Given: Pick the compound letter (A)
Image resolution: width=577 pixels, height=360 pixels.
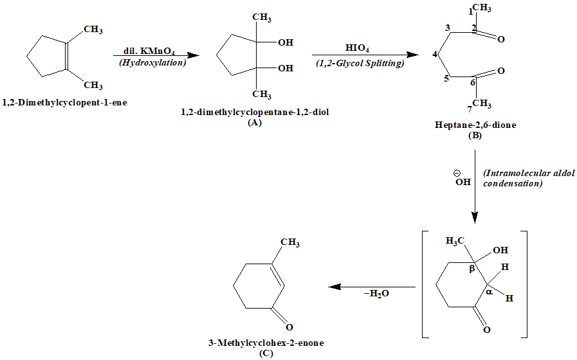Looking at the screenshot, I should coord(255,123).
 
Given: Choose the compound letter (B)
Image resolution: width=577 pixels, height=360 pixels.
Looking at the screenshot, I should coord(475,136).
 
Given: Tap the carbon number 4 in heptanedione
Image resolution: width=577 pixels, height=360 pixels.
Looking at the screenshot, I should coord(435,54).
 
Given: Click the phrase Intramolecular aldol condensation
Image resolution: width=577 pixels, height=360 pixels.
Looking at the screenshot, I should coord(513,178).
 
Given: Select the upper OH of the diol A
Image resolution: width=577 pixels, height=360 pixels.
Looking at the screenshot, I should coord(284,43).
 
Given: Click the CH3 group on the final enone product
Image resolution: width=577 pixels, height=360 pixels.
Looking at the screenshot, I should coord(289,243).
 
